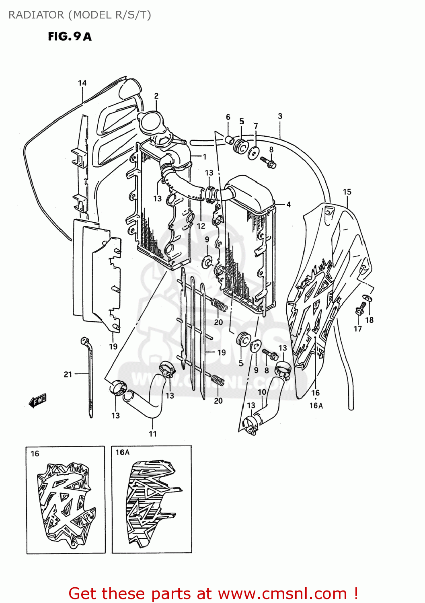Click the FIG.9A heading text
click(x=70, y=37)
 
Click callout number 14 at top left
click(x=82, y=83)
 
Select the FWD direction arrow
click(x=38, y=400)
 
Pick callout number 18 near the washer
click(x=369, y=320)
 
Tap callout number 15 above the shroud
click(x=347, y=192)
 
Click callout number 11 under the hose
click(x=152, y=434)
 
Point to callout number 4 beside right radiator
click(x=289, y=205)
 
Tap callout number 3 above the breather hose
click(x=280, y=116)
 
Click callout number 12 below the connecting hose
click(x=201, y=226)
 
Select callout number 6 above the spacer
click(x=228, y=117)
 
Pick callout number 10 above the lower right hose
click(x=262, y=392)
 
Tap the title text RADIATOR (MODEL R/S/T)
click(x=80, y=15)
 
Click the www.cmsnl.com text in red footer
click(x=282, y=593)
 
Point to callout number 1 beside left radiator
click(x=204, y=157)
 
